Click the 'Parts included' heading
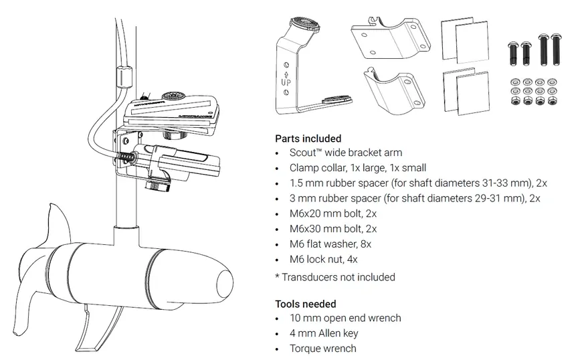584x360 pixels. point(308,139)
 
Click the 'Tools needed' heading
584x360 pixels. point(306,304)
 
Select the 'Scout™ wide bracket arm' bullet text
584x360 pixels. point(346,153)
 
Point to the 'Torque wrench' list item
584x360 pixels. point(323,348)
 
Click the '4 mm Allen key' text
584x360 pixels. point(324,333)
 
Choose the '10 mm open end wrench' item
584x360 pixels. point(345,319)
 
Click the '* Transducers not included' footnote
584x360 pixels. point(335,277)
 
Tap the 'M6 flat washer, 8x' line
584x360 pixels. point(330,244)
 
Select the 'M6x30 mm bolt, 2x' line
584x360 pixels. point(332,229)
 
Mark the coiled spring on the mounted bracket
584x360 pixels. point(125,157)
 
